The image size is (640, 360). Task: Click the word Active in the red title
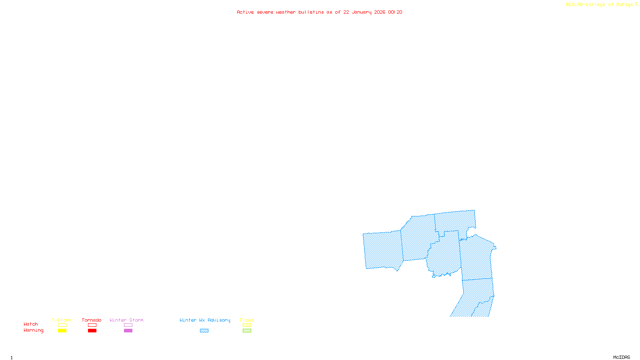[245, 12]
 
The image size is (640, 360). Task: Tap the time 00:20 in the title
[395, 12]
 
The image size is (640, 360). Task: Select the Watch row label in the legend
[31, 324]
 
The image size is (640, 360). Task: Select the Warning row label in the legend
[33, 330]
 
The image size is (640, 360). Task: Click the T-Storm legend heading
[62, 320]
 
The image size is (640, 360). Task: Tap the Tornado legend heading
[92, 320]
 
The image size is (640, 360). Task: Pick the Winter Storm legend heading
[126, 320]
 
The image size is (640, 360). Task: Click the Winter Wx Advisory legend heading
[205, 320]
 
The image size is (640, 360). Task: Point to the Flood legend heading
[247, 320]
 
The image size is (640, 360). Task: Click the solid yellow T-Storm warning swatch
[62, 331]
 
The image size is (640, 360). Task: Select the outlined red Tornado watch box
[92, 325]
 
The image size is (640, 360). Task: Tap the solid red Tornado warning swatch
[92, 331]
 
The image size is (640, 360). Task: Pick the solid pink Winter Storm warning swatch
[128, 331]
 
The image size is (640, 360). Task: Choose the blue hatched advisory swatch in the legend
[204, 331]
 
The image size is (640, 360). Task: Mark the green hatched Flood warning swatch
[247, 331]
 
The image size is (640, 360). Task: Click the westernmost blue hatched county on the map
[383, 250]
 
